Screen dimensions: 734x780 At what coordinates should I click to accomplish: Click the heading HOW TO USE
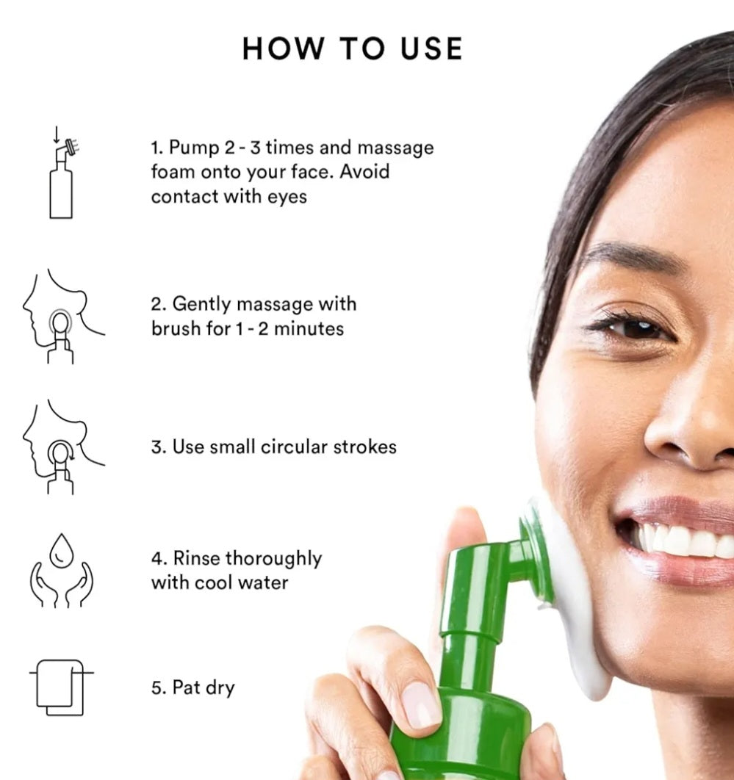pyautogui.click(x=353, y=48)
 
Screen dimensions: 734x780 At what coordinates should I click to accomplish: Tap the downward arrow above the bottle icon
pyautogui.click(x=57, y=134)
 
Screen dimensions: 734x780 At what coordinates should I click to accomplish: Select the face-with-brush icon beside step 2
pyautogui.click(x=62, y=317)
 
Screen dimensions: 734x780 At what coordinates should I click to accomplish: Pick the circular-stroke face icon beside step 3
pyautogui.click(x=62, y=447)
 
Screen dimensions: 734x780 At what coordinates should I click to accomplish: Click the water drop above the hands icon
pyautogui.click(x=62, y=551)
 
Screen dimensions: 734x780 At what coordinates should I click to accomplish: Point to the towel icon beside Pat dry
pyautogui.click(x=61, y=687)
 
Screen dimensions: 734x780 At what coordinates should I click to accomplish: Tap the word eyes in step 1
pyautogui.click(x=287, y=197)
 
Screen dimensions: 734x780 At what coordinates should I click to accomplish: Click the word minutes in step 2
pyautogui.click(x=309, y=329)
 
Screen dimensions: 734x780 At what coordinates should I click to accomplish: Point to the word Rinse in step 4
pyautogui.click(x=197, y=558)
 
